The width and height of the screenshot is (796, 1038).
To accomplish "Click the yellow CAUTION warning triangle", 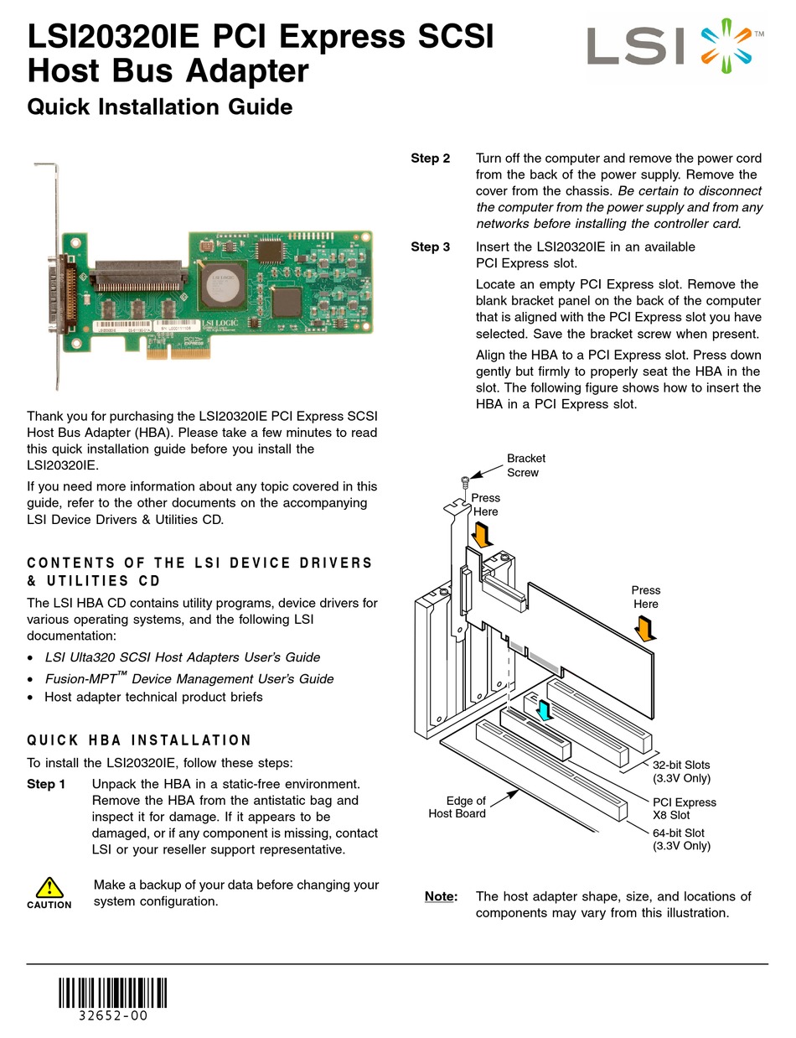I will [49, 887].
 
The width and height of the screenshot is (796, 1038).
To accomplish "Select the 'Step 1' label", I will [46, 784].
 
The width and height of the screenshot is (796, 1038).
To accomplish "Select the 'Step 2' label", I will [430, 158].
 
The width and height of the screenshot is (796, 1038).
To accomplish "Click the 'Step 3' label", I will [430, 247].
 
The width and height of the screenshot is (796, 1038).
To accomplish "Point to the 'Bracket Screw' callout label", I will [525, 465].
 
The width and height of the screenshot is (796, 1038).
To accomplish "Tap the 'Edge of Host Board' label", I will [457, 807].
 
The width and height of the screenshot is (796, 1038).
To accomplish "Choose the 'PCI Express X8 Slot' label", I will [684, 808].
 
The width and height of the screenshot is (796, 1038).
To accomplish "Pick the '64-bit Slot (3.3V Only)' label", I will [680, 839].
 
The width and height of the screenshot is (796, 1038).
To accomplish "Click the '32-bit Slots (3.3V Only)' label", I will [681, 771].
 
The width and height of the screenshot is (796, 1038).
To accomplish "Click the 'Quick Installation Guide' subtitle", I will [160, 107].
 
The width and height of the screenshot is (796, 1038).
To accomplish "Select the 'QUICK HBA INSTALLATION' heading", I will [139, 740].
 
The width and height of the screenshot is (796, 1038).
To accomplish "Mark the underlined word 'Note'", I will [440, 896].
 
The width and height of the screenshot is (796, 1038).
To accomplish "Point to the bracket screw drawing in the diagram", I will [465, 481].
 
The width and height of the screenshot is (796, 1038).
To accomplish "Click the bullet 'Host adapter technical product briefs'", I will [153, 697].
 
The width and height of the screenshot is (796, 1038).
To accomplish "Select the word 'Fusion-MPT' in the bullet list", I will [81, 678].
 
